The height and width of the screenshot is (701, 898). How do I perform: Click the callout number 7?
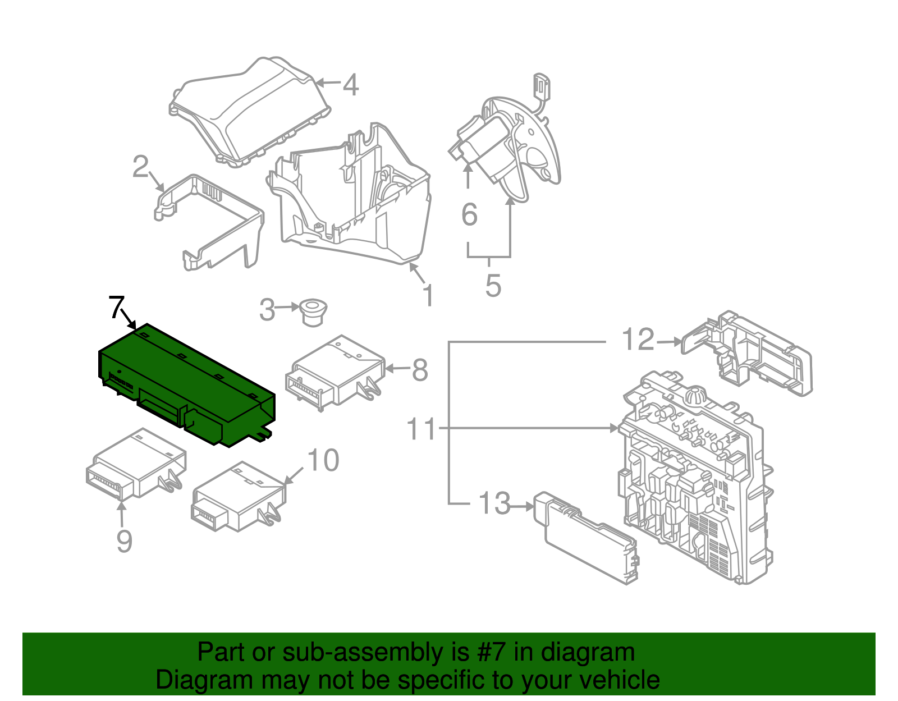pyautogui.click(x=116, y=307)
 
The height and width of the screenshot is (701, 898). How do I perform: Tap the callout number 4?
pyautogui.click(x=350, y=85)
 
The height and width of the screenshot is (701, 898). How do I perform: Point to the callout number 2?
pyautogui.click(x=140, y=167)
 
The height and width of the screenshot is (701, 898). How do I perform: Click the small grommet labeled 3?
pyautogui.click(x=312, y=311)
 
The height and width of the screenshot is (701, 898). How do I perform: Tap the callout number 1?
pyautogui.click(x=428, y=295)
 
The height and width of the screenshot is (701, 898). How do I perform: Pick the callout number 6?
pyautogui.click(x=469, y=215)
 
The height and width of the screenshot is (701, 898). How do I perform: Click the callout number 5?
pyautogui.click(x=493, y=286)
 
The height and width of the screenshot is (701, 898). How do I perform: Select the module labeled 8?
pyautogui.click(x=337, y=373)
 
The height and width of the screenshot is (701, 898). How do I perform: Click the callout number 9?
pyautogui.click(x=124, y=542)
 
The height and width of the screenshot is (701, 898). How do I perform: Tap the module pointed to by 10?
pyautogui.click(x=239, y=497)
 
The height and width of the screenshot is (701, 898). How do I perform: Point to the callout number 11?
pyautogui.click(x=421, y=429)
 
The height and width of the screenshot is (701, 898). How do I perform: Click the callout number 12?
pyautogui.click(x=638, y=340)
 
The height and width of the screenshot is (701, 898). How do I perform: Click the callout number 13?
pyautogui.click(x=494, y=503)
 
